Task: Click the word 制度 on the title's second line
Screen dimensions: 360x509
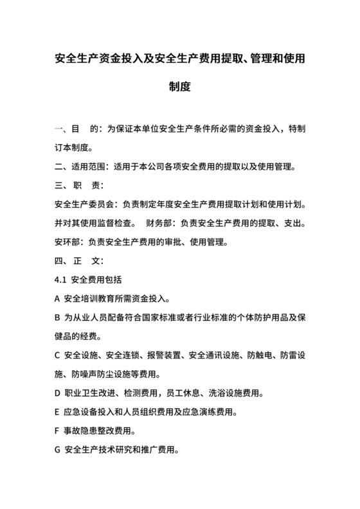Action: coord(180,85)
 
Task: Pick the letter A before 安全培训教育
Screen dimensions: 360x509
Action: coord(58,299)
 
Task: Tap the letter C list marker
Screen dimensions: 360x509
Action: coord(58,355)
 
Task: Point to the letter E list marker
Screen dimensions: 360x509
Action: coord(58,411)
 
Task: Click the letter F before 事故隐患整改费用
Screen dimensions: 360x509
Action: coord(58,430)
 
